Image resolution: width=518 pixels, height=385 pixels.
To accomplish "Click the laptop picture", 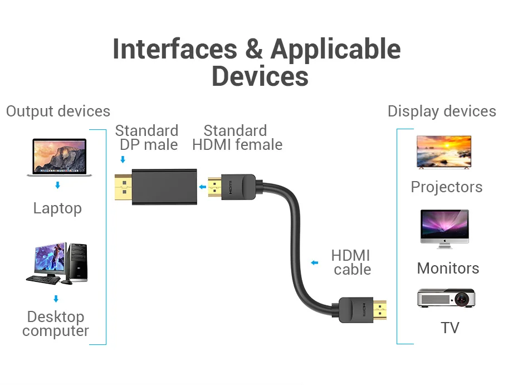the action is (59, 157).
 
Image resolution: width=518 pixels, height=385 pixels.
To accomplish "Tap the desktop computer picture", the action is (57, 264).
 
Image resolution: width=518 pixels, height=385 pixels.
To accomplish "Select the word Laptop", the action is (57, 208).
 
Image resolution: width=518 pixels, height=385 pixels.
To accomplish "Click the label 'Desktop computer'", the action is (56, 324).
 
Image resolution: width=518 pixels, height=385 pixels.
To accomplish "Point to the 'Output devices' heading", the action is (58, 111).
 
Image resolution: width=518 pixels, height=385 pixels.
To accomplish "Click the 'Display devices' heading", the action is (442, 111).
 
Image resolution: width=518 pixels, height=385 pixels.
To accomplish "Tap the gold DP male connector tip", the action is (123, 187).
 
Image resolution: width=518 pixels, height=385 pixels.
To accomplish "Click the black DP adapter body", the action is (164, 187).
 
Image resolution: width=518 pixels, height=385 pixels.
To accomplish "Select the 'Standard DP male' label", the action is (146, 138).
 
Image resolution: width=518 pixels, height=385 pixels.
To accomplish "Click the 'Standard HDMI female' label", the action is (237, 138).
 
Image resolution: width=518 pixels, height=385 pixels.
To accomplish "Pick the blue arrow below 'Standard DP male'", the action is (123, 159).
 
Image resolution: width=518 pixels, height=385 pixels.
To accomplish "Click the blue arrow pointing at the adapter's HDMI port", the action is (203, 187).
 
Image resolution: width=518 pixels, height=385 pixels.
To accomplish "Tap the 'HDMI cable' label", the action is (351, 262).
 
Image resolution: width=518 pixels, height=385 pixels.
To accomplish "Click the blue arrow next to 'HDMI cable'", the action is (315, 263).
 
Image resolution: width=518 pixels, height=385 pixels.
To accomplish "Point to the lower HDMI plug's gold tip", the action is (380, 310).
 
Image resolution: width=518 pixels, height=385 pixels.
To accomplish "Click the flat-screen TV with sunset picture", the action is (444, 152).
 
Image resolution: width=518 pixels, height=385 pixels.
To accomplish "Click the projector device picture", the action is (446, 298).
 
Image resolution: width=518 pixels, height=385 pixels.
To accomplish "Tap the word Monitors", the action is (448, 269).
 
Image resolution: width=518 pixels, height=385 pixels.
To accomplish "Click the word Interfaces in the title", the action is (175, 49).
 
